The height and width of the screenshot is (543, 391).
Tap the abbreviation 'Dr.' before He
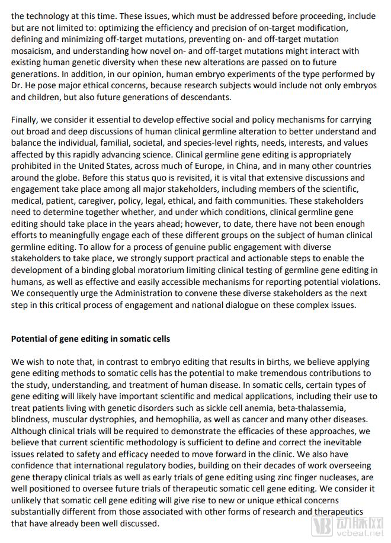point(18,85)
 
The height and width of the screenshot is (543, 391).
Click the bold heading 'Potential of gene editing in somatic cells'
point(91,339)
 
